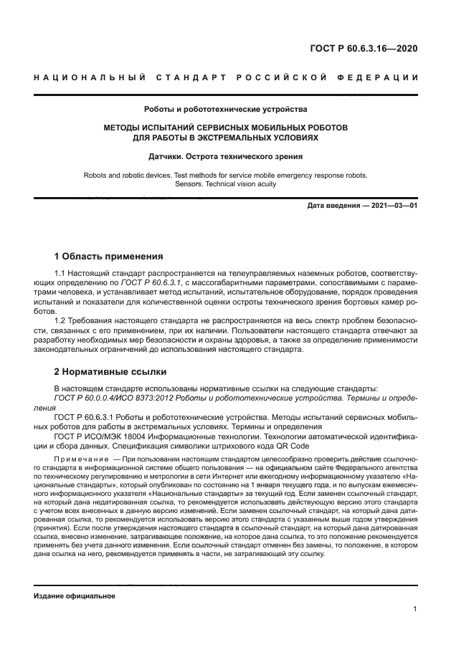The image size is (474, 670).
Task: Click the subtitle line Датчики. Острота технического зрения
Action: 225,156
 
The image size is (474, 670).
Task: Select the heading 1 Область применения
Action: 109,256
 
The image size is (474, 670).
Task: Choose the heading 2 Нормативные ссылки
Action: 110,372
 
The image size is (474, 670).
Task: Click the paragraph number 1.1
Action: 61,274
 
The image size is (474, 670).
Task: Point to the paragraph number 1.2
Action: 61,321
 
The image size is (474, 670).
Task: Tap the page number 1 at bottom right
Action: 415,609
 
